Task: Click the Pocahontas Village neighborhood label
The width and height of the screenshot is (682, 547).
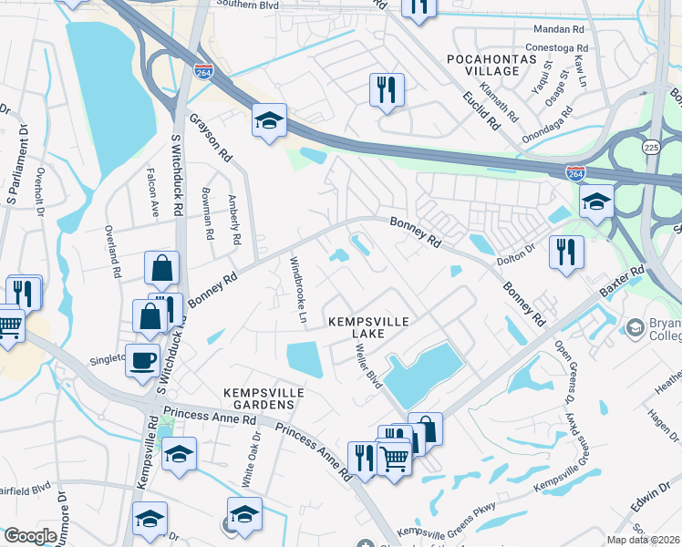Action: pos(482,65)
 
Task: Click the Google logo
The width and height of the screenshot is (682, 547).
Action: pos(30,536)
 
